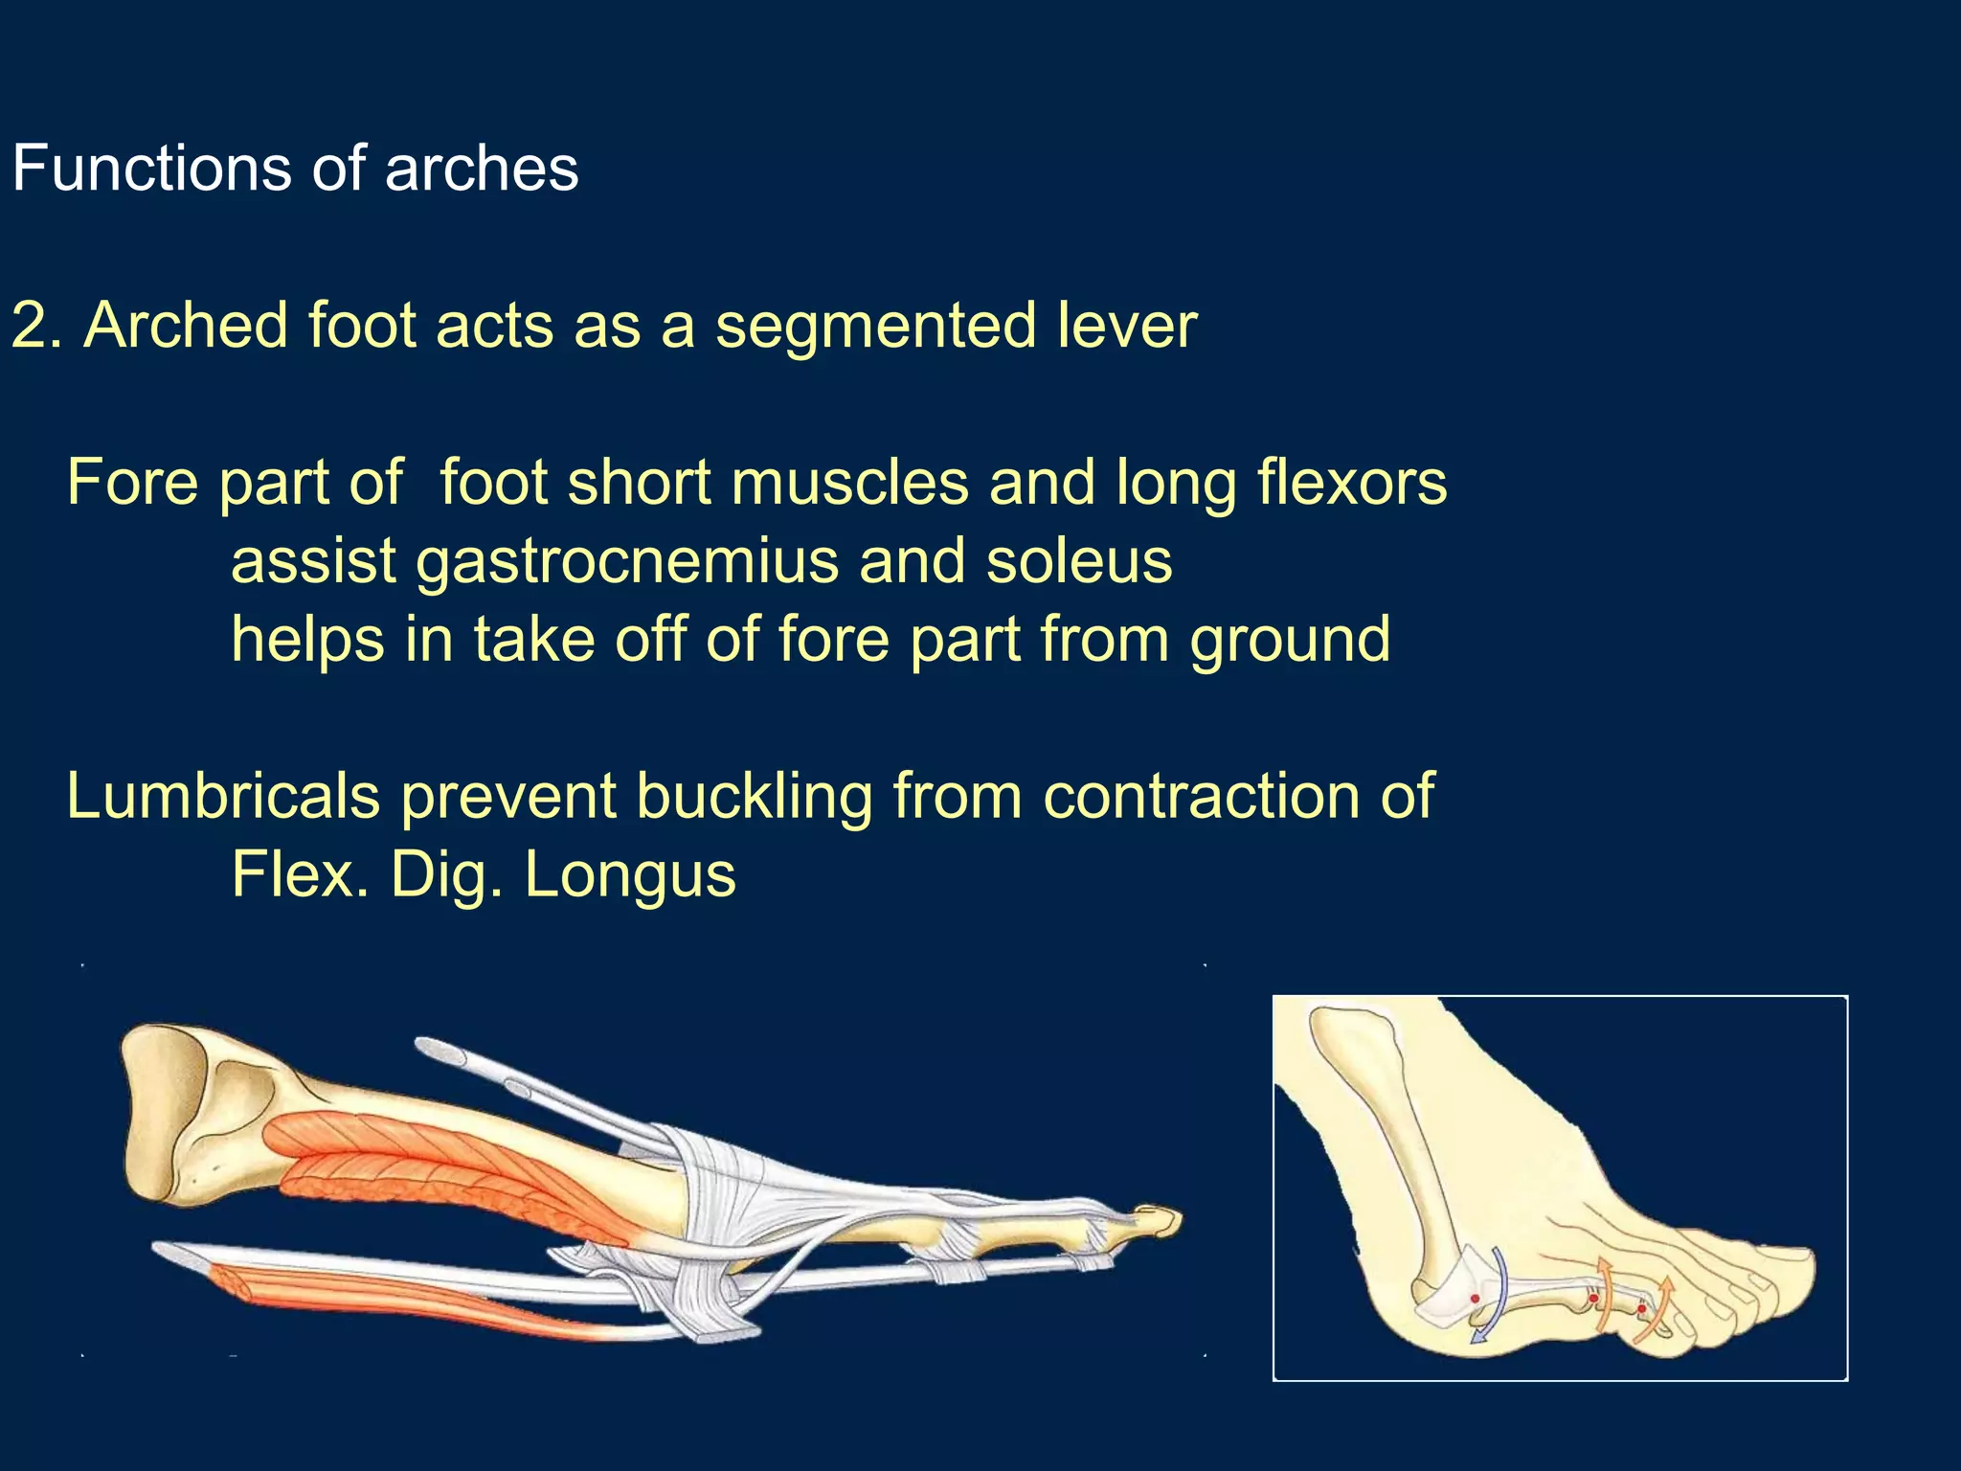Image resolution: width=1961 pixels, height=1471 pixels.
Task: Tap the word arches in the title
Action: tap(481, 169)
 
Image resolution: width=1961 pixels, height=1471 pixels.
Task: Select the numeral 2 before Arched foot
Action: tap(30, 326)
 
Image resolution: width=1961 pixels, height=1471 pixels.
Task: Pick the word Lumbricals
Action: tap(223, 797)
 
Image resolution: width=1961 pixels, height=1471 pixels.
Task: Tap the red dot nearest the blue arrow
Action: tap(1475, 1299)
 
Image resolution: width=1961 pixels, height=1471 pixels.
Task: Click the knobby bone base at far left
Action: tap(163, 1111)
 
